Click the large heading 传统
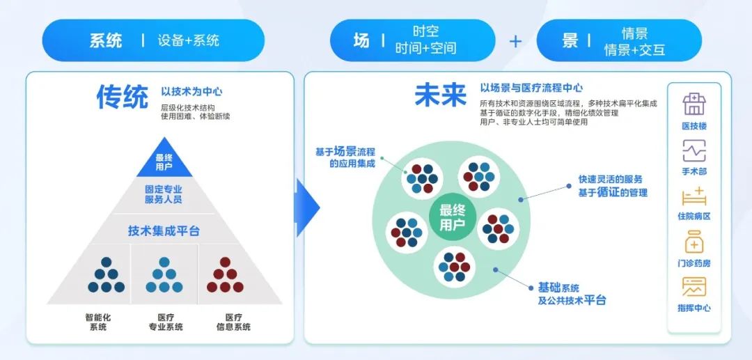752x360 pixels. click(x=122, y=98)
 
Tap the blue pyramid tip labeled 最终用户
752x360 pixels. click(x=164, y=162)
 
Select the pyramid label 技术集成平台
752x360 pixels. click(x=164, y=230)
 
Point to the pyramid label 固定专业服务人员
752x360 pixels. click(x=164, y=194)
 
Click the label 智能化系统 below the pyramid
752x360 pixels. click(x=98, y=322)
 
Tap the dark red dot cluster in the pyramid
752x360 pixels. click(x=225, y=276)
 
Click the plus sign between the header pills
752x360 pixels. click(x=515, y=41)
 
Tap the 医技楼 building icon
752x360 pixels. click(x=694, y=104)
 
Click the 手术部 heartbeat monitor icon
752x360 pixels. click(x=694, y=150)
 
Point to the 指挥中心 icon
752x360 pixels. click(x=694, y=288)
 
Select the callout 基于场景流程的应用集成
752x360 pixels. click(x=346, y=157)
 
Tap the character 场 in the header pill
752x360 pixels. click(x=361, y=40)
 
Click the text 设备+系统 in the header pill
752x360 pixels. click(x=189, y=40)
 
